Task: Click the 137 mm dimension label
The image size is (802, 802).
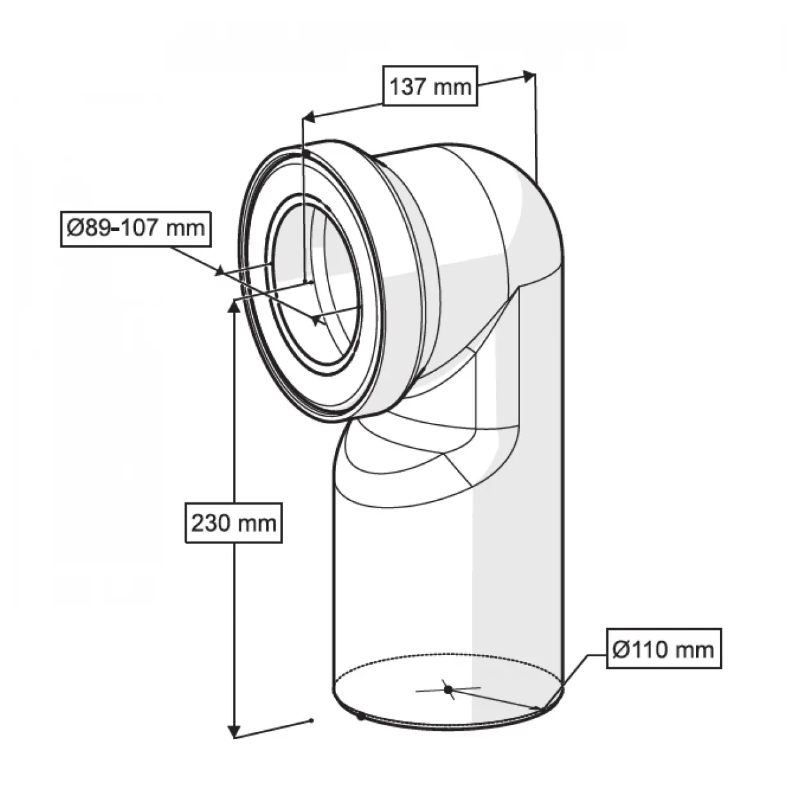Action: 431,85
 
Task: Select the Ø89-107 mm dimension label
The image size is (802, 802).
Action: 136,227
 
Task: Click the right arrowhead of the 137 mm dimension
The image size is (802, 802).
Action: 529,75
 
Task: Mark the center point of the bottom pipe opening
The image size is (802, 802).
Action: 448,689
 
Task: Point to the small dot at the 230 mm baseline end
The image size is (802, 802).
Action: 311,720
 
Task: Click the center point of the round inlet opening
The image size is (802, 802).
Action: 314,319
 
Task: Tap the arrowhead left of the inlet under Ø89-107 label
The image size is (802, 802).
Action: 220,271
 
